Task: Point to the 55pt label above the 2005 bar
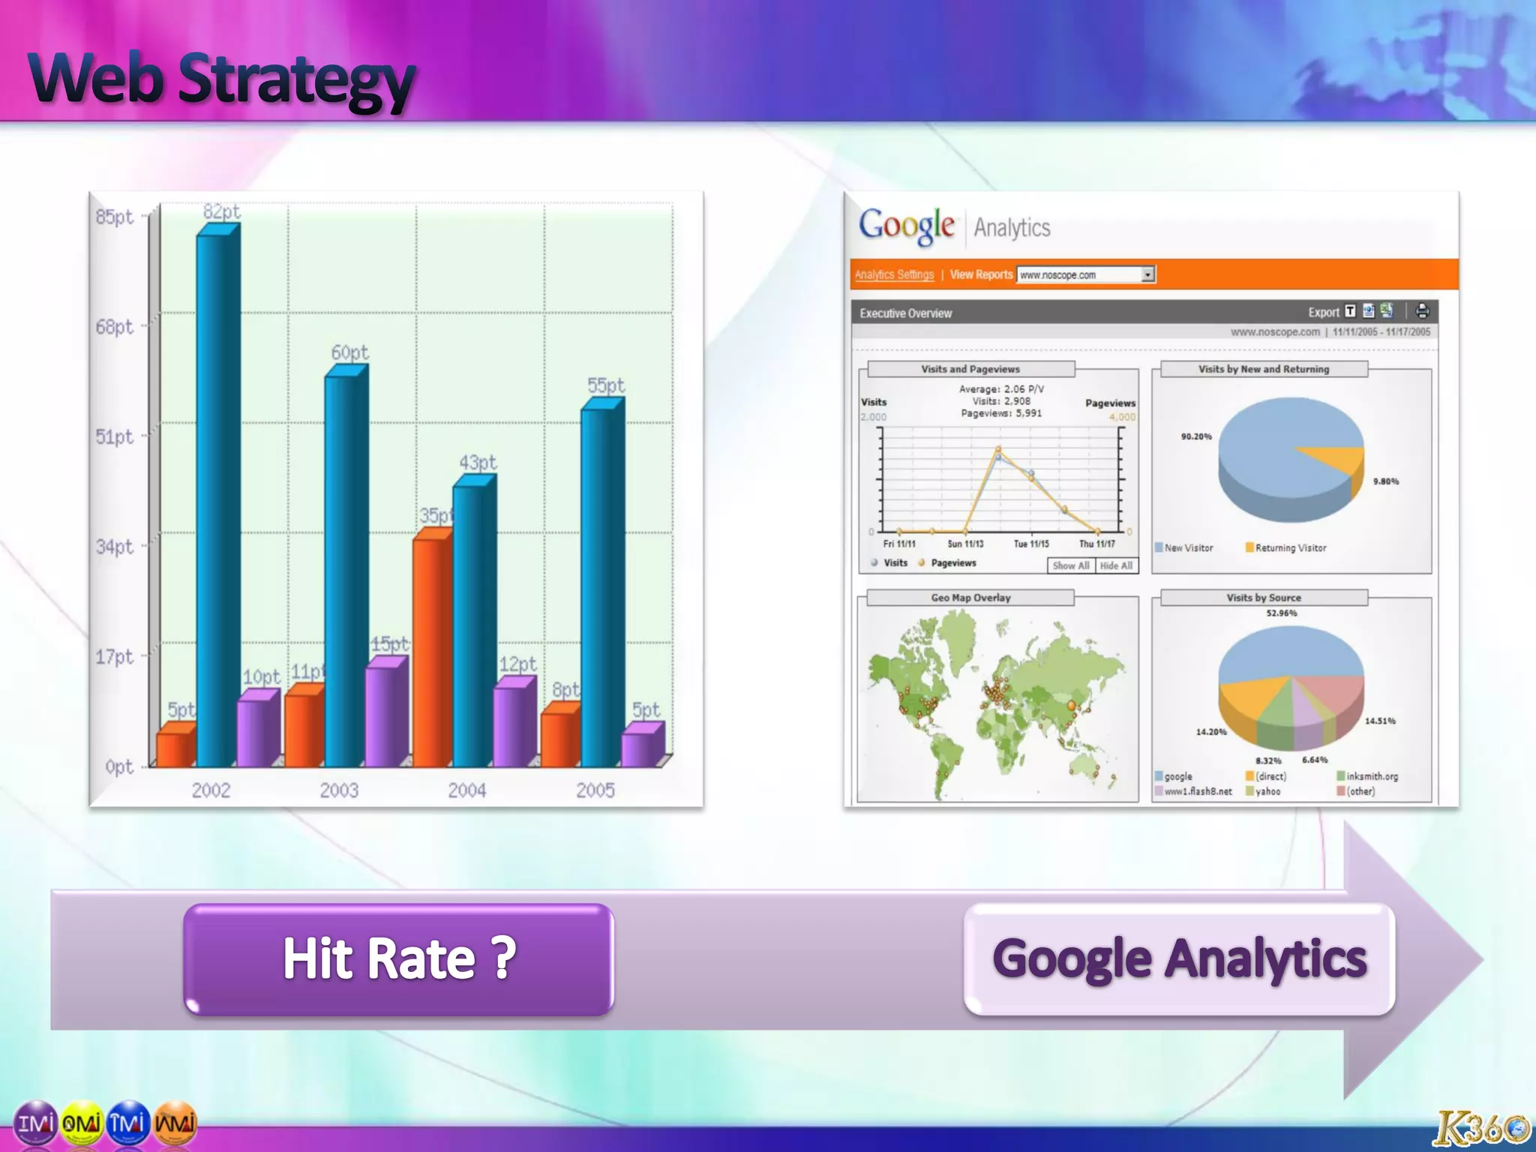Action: coord(605,385)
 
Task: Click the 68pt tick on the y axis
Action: coord(114,327)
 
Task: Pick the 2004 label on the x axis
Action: coord(466,790)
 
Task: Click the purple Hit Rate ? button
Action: coord(399,959)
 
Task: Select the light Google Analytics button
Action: coord(1179,959)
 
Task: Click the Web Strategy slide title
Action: coord(222,79)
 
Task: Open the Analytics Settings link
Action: coord(894,274)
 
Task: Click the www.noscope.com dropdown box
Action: coord(1085,274)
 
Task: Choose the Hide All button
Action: coord(1116,565)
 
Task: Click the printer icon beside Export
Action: coord(1422,311)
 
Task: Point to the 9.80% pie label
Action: coord(1385,481)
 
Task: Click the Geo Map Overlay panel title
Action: coord(970,598)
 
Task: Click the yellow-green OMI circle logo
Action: coord(82,1123)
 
